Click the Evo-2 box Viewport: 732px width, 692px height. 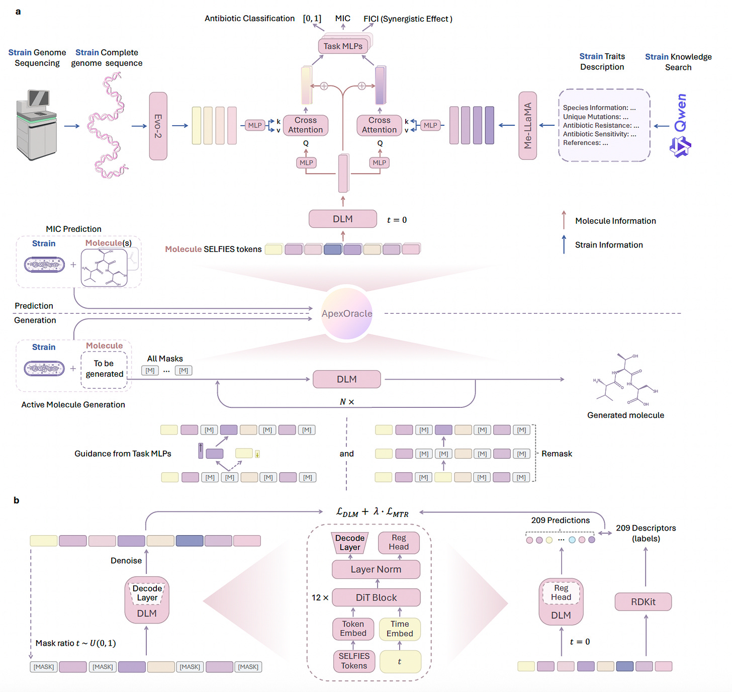pos(158,126)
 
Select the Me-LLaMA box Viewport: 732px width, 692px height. pos(527,126)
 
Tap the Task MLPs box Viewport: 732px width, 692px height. pos(343,46)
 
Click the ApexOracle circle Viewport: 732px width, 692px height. pos(347,313)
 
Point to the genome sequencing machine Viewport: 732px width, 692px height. pos(36,124)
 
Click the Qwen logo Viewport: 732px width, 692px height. pos(680,126)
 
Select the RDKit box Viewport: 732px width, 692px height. pos(643,601)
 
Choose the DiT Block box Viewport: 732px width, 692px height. pos(376,597)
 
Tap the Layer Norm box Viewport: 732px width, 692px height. pos(376,569)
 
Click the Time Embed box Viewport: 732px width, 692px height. pos(400,629)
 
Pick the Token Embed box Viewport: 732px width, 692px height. pos(353,629)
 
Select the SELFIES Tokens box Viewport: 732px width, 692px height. pos(354,661)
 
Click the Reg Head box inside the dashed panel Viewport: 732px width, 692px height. pos(399,543)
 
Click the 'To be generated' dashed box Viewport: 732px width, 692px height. pos(104,369)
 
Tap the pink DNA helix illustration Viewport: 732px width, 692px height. pos(107,125)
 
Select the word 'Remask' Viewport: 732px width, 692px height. pos(557,454)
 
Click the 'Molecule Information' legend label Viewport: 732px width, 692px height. pos(615,221)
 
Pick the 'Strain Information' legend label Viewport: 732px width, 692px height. pos(609,245)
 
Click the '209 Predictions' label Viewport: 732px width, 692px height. pos(560,520)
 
